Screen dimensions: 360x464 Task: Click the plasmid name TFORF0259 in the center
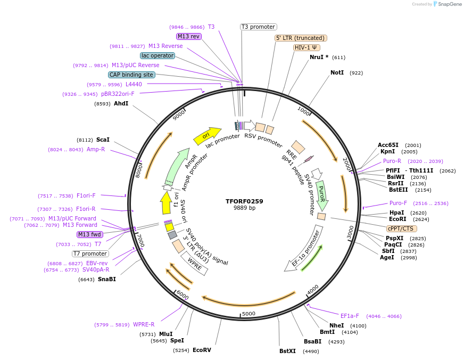click(x=244, y=201)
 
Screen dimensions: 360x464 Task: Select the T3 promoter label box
click(x=259, y=27)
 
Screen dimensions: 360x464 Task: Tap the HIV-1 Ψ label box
click(x=306, y=47)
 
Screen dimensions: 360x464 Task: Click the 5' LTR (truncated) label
click(x=301, y=38)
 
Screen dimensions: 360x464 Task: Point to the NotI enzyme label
click(x=337, y=72)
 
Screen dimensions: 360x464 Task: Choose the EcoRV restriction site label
click(x=202, y=350)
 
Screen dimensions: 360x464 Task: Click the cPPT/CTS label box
click(x=402, y=228)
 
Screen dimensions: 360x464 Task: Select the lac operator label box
click(x=158, y=55)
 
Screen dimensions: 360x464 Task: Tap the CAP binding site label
click(x=131, y=75)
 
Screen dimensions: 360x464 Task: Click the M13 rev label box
click(x=189, y=36)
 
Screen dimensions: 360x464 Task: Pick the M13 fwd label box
click(x=89, y=234)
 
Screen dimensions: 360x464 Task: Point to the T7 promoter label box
click(x=90, y=253)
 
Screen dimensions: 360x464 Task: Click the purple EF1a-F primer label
click(x=350, y=316)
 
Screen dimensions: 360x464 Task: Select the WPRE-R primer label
click(x=144, y=324)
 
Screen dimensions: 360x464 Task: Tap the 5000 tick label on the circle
click(x=248, y=314)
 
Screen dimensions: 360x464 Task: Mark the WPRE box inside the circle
click(x=195, y=265)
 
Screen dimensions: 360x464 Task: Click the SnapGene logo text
click(x=449, y=4)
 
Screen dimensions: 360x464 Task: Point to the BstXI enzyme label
click(x=287, y=351)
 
